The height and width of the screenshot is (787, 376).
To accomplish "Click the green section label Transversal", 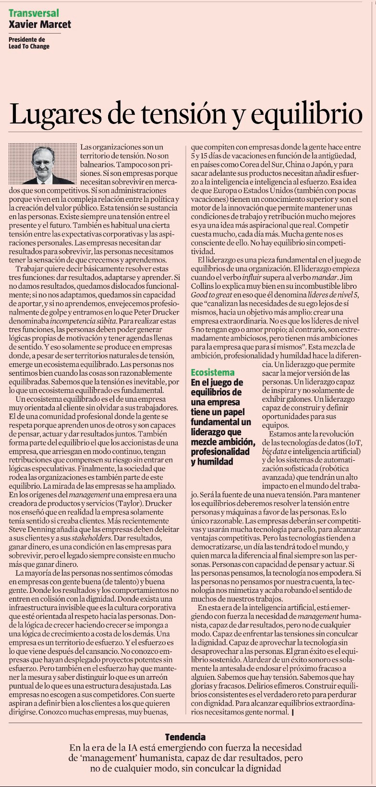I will pyautogui.click(x=34, y=13).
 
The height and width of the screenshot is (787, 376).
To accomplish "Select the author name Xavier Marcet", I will pyautogui.click(x=39, y=24).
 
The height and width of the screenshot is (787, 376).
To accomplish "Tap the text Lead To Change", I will pyautogui.click(x=29, y=47).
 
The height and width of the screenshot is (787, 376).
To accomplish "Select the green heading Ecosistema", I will pyautogui.click(x=213, y=372).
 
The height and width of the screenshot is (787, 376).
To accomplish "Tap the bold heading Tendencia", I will pyautogui.click(x=185, y=737).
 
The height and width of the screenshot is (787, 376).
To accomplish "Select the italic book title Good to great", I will pyautogui.click(x=212, y=294).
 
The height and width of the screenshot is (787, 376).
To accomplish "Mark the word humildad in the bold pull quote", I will pyautogui.click(x=212, y=462).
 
